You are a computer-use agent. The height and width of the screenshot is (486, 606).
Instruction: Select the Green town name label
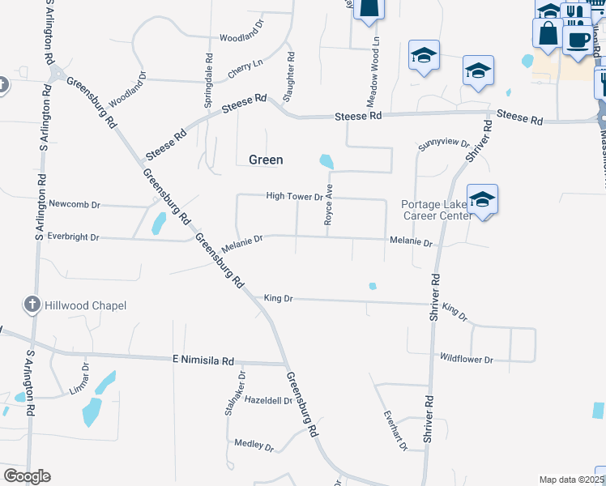point(266,160)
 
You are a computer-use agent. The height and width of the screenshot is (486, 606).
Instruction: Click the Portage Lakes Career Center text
point(437,210)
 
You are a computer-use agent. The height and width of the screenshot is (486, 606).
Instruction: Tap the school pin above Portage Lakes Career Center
point(482,199)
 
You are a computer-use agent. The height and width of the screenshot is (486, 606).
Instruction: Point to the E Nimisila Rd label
point(203,360)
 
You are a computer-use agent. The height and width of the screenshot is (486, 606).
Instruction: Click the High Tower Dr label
point(295,196)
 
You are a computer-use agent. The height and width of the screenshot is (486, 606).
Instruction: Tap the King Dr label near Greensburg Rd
point(278,299)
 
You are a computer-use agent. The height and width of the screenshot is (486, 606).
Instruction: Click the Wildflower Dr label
point(466,358)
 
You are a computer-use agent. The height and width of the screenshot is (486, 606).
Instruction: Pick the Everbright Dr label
point(73,237)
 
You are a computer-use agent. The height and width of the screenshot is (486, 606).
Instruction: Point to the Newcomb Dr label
point(73,203)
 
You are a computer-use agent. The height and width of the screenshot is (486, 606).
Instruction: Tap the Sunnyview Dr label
point(444,145)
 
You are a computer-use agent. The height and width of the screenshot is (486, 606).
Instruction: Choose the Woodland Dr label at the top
point(241,37)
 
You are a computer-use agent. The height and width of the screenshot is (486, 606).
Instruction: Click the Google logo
point(27,476)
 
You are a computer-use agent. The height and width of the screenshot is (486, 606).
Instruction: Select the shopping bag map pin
point(548,33)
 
